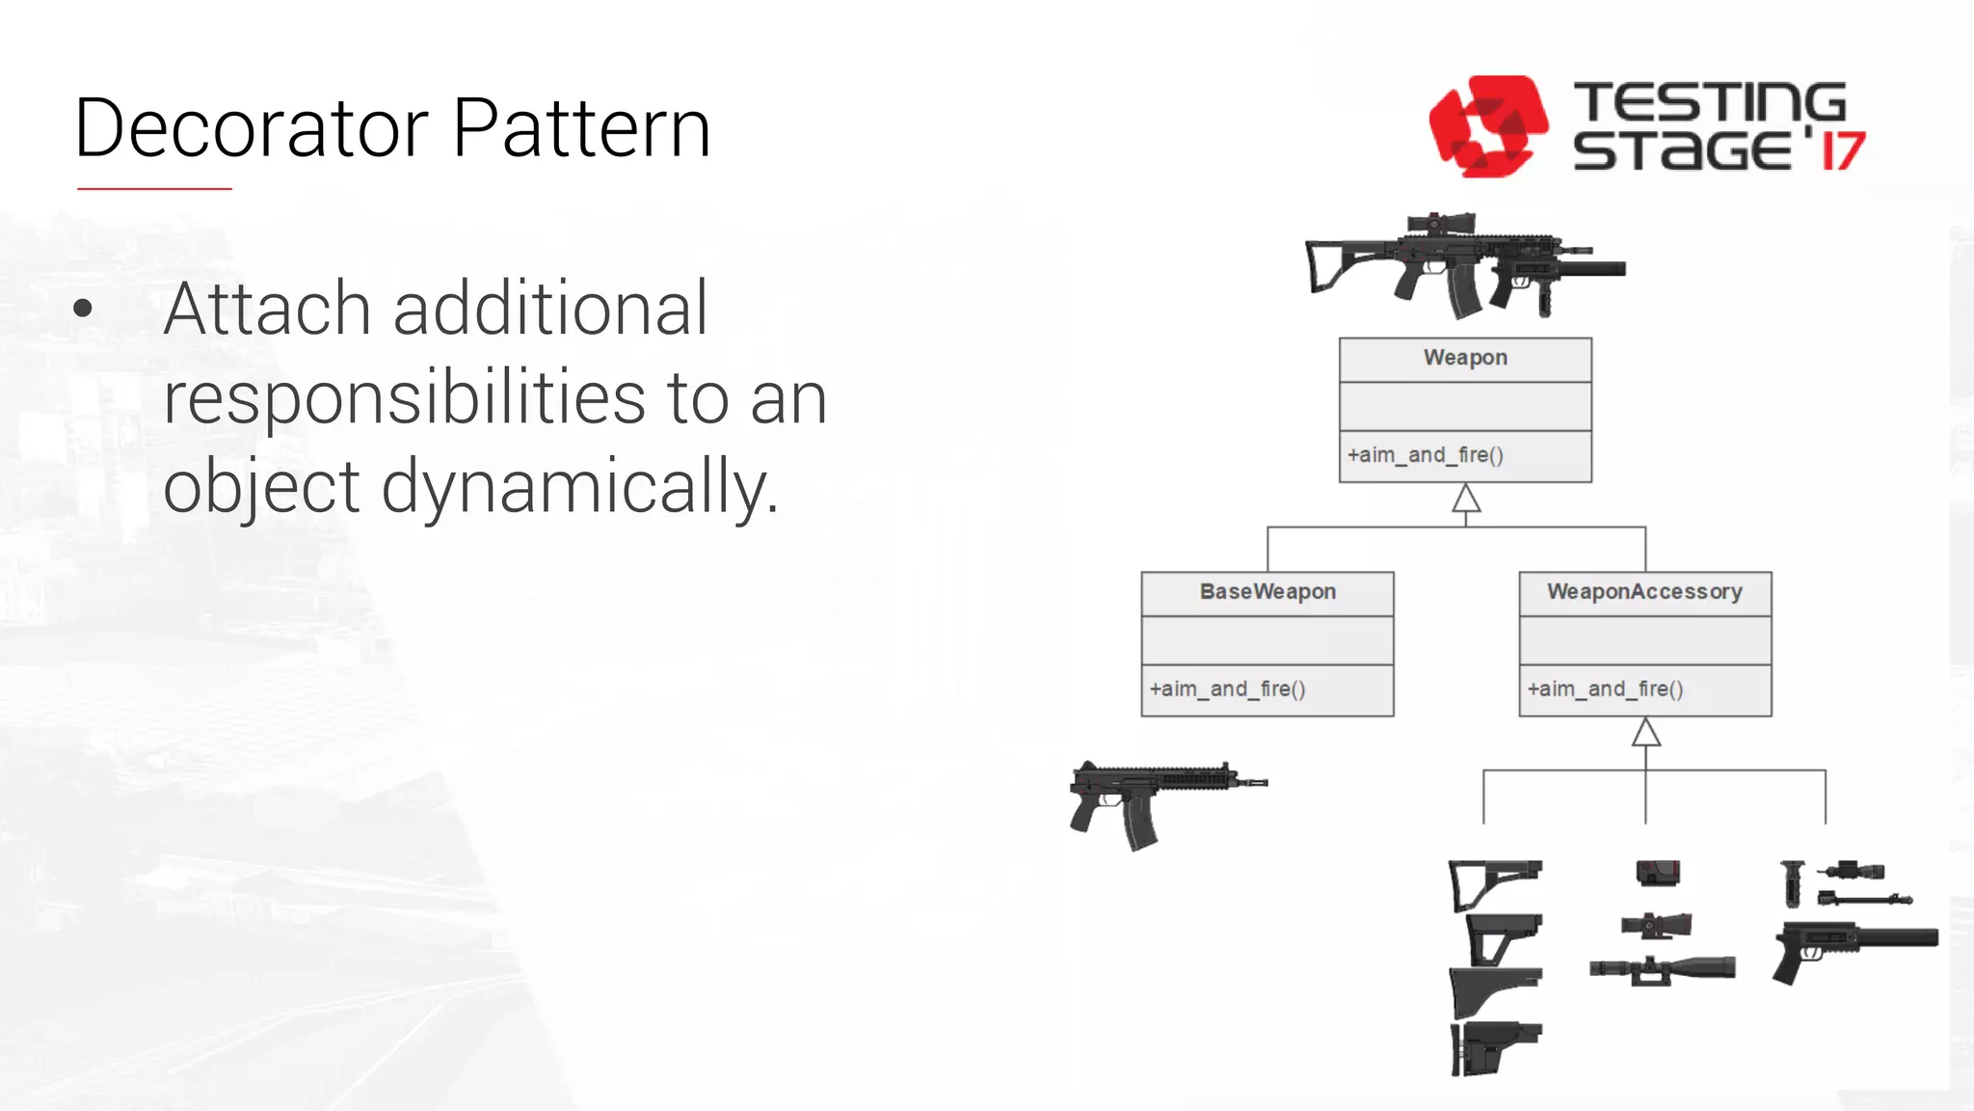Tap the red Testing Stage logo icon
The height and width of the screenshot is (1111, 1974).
click(x=1487, y=126)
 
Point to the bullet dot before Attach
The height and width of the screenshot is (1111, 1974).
click(x=83, y=309)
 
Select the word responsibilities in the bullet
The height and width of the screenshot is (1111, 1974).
click(x=404, y=398)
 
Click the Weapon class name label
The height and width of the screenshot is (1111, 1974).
click(x=1465, y=358)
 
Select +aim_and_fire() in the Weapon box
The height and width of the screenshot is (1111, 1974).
click(x=1425, y=455)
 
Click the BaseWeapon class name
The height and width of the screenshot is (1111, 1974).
click(x=1267, y=592)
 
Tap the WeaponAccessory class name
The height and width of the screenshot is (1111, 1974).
click(x=1644, y=592)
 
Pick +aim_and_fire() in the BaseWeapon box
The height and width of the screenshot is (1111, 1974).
click(x=1227, y=690)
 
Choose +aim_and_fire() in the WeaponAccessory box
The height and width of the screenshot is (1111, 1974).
click(x=1605, y=690)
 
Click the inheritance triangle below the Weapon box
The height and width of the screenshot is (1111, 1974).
click(x=1466, y=500)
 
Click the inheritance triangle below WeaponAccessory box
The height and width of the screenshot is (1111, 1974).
click(x=1645, y=734)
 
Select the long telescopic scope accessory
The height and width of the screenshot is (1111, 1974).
click(x=1663, y=968)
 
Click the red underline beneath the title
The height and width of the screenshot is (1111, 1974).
click(x=154, y=189)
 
